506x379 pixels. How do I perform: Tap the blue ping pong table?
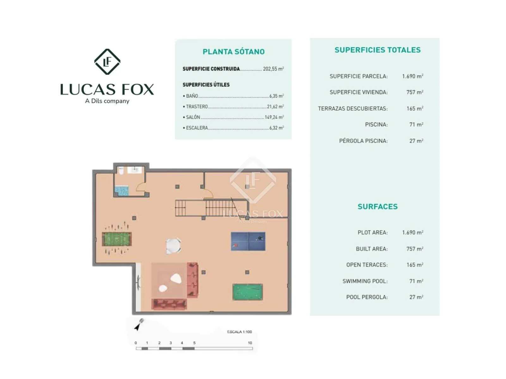point(248,241)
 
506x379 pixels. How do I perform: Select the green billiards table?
point(248,292)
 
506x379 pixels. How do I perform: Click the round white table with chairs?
point(173,246)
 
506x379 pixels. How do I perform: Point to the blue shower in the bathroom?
point(122,191)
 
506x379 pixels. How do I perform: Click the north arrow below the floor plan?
point(139,324)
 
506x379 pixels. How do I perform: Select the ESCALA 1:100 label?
point(239,332)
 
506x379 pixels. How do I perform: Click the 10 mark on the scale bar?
point(250,343)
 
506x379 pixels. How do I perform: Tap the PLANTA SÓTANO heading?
point(233,51)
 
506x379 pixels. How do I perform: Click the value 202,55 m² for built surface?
point(274,69)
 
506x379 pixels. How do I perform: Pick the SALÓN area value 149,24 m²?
point(274,117)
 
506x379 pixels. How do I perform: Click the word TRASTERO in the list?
point(197,106)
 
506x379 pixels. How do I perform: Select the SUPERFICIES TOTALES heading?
point(377,50)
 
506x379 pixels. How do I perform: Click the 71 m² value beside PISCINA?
point(416,124)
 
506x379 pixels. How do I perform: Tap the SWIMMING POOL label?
point(365,281)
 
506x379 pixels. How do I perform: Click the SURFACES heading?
point(378,207)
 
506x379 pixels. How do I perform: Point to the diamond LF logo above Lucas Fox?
point(107,62)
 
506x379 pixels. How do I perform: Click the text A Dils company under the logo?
point(107,101)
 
